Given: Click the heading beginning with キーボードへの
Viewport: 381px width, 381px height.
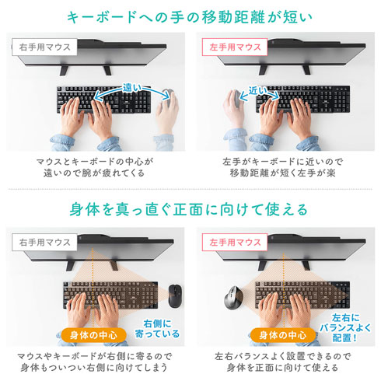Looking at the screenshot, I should point(190,16).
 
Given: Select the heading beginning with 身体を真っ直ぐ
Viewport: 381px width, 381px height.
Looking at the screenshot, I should point(190,209).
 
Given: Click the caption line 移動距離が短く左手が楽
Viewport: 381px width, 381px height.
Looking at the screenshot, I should point(285,173).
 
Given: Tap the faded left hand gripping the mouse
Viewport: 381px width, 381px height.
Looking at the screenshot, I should point(236,109).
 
